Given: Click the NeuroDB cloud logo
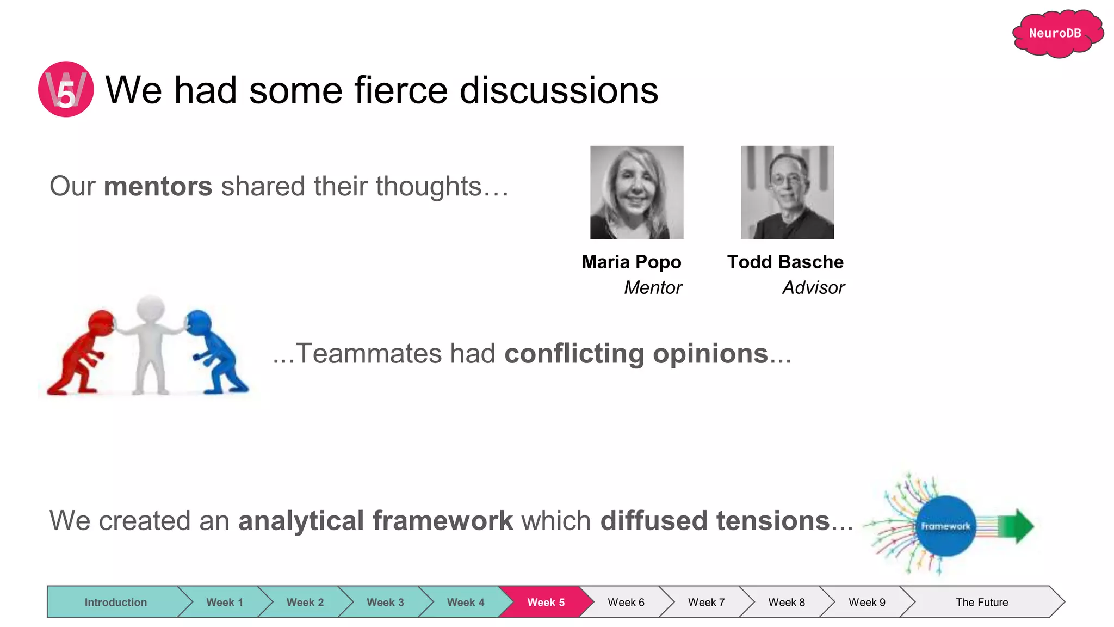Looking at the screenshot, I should [x=1056, y=34].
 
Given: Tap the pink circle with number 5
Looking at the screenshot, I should [x=66, y=89].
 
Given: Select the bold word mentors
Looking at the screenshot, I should [x=158, y=187].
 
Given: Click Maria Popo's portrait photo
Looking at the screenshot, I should [x=636, y=192].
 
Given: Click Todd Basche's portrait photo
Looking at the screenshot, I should [x=787, y=192].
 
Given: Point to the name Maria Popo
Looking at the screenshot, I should [x=631, y=262].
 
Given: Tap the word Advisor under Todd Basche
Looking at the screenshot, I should [x=813, y=287].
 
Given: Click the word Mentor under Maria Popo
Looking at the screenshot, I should [x=653, y=287].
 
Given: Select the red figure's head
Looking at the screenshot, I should [x=101, y=323].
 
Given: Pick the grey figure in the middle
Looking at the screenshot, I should [x=150, y=343].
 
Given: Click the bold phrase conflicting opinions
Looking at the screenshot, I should [x=636, y=354].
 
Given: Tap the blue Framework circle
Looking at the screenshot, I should [x=945, y=526].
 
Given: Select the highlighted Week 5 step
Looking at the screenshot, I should [x=546, y=602].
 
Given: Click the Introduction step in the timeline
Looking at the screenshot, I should [x=115, y=602].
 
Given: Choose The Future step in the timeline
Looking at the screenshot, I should [x=981, y=602].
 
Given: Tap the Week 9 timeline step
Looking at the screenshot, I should [x=867, y=602].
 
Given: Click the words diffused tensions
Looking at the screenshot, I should [x=715, y=521].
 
